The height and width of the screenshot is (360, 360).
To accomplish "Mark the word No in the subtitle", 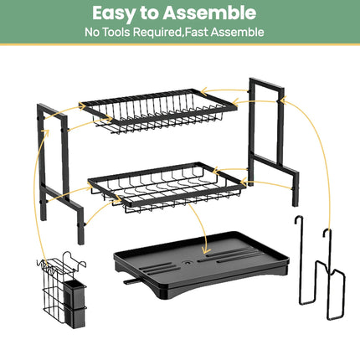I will coord(93,33).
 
